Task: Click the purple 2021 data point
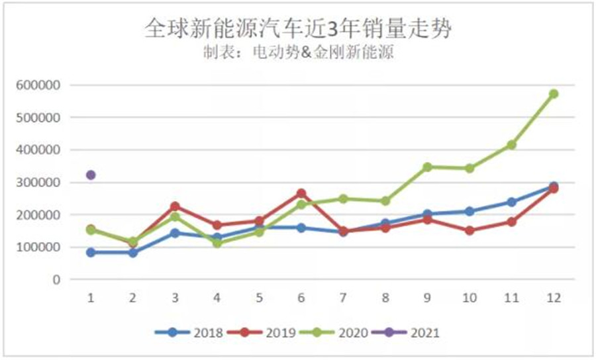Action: pos(91,175)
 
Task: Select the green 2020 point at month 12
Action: pos(554,94)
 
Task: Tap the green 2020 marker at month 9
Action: pos(428,167)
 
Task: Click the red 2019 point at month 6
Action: pos(301,193)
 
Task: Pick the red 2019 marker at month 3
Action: pos(175,206)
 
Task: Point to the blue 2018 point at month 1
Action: pos(91,252)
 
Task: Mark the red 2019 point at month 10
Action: pos(470,231)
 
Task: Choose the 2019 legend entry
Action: pos(261,333)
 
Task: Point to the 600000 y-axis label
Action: pos(41,85)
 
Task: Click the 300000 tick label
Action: pos(41,183)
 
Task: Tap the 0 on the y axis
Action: pos(56,280)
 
